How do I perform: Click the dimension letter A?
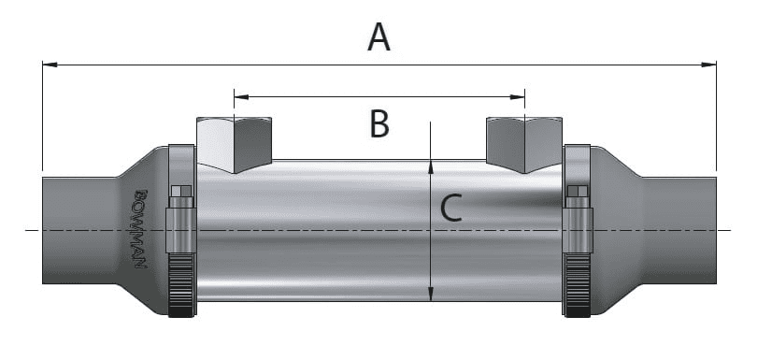[x=379, y=38]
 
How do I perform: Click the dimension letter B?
[x=379, y=123]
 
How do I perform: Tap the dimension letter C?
[x=451, y=208]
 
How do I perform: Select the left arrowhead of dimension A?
[x=50, y=65]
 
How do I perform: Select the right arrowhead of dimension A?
[x=709, y=65]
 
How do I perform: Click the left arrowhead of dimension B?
[x=241, y=97]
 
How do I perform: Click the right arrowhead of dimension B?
[x=518, y=97]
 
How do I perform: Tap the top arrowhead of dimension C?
[x=431, y=167]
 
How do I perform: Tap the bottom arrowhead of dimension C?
[x=431, y=294]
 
